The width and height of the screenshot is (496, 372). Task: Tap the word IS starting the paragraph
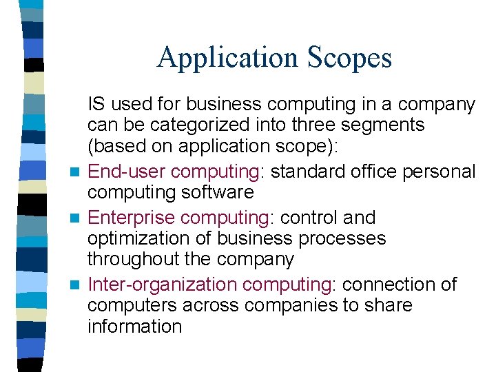[x=96, y=104]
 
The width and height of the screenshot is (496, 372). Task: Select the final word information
[x=134, y=326]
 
